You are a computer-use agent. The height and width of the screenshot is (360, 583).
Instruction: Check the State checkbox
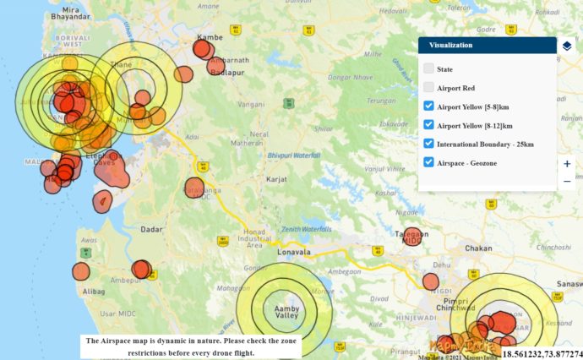429,68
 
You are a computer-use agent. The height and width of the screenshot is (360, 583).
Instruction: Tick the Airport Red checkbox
429,87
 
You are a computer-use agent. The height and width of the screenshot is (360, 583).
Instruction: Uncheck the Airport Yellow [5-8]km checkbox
429,106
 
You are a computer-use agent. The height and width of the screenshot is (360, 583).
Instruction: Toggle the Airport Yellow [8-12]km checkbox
429,125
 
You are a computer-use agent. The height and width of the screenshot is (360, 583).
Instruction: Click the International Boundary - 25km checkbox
429,144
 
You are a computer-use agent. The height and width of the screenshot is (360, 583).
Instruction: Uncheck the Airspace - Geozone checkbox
429,162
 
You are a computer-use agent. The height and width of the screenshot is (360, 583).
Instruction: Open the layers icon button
567,46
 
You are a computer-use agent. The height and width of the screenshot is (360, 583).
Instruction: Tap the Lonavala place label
295,252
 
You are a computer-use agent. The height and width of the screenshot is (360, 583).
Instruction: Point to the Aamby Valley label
287,313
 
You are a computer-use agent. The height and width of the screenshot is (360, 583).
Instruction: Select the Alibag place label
94,290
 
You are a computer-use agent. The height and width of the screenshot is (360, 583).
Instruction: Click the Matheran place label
247,143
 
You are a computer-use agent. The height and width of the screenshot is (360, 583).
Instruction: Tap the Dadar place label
151,229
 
